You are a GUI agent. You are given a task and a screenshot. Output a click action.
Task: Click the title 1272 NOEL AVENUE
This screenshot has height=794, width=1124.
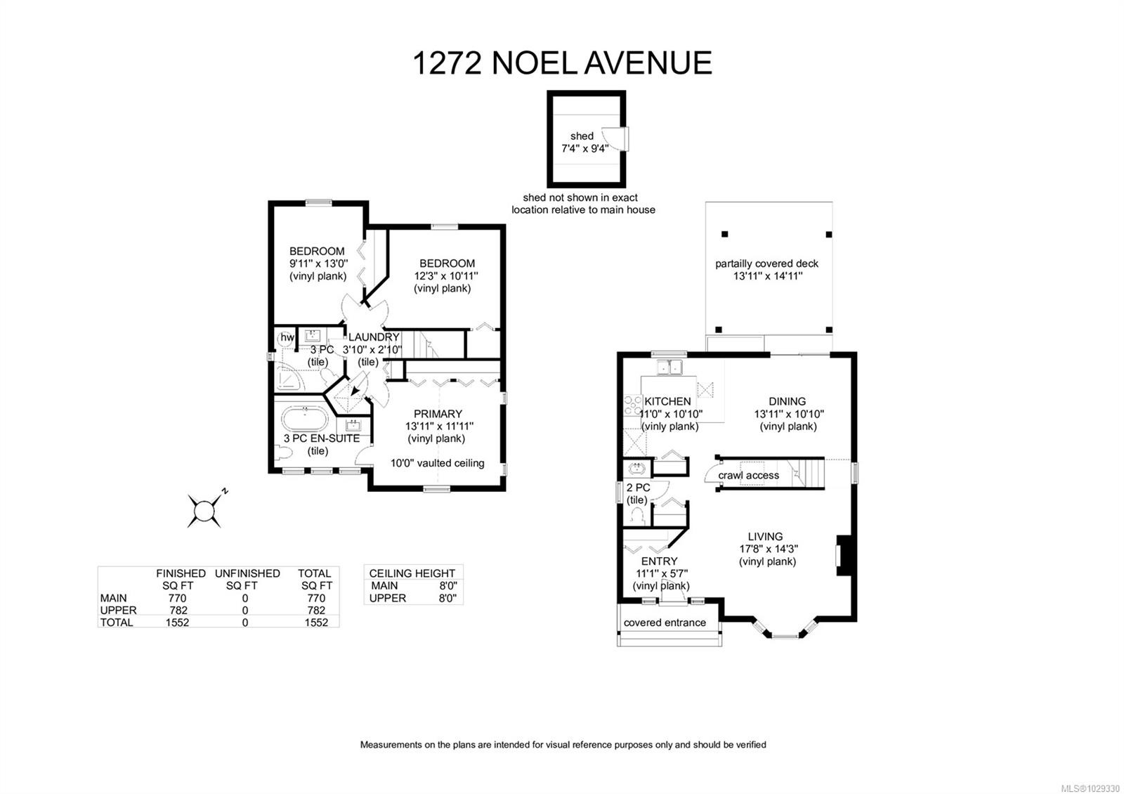click(x=561, y=63)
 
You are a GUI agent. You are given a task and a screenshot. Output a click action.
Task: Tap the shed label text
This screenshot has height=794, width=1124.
click(x=582, y=136)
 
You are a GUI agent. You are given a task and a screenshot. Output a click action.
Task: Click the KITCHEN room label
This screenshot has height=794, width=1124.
click(x=667, y=401)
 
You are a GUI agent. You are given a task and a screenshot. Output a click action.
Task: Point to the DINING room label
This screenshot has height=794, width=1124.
click(x=787, y=401)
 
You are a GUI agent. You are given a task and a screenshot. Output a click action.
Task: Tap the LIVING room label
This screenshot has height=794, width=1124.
click(x=765, y=536)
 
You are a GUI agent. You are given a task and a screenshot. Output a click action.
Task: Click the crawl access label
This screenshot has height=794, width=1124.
click(x=748, y=476)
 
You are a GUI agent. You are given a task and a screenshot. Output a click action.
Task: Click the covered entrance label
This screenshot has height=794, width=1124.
click(x=665, y=623)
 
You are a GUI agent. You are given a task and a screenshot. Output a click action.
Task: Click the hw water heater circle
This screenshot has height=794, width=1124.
click(x=287, y=338)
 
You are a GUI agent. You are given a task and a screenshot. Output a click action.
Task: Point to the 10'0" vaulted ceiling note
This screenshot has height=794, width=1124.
click(x=437, y=463)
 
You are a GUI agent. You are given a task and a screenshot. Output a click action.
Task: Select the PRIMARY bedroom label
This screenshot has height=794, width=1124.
click(x=438, y=414)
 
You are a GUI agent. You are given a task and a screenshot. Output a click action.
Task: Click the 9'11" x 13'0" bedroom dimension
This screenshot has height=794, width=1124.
click(x=318, y=263)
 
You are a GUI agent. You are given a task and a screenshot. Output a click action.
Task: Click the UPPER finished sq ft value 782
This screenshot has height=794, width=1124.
click(x=177, y=611)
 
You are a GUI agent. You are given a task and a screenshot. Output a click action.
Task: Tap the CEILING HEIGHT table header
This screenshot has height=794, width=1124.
click(x=412, y=573)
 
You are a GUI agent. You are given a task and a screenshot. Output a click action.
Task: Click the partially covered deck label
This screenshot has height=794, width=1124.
click(x=766, y=263)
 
